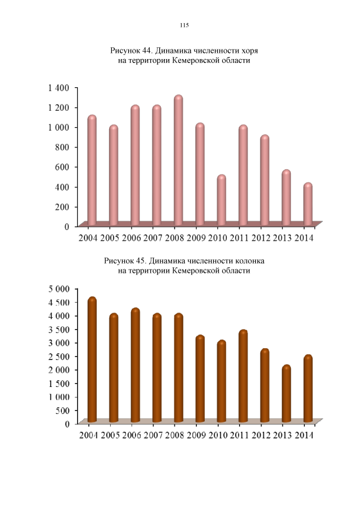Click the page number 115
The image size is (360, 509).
[x=183, y=25]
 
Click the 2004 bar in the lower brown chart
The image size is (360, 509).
[x=92, y=360]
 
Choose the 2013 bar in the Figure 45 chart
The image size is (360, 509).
[x=286, y=394]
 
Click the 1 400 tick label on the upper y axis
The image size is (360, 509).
[x=58, y=88]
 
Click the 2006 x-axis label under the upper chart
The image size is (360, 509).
[x=131, y=238]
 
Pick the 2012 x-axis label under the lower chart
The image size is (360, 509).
[x=261, y=436]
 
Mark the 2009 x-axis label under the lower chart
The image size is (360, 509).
[x=196, y=436]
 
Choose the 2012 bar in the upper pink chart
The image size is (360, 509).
[x=264, y=180]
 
